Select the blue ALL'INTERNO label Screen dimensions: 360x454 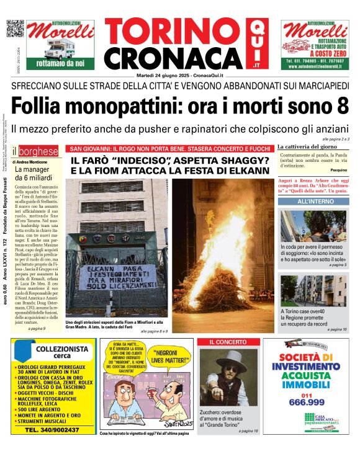(315, 202)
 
